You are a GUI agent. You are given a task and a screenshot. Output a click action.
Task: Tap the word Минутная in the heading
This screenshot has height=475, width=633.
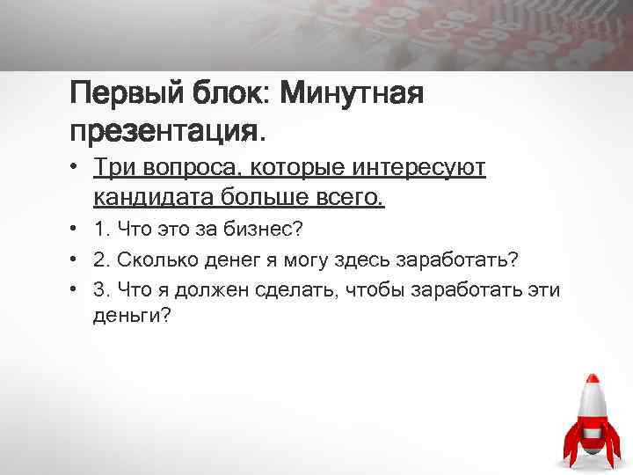coord(354,92)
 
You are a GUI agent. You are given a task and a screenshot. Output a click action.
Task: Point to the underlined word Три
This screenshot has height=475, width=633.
coord(113,166)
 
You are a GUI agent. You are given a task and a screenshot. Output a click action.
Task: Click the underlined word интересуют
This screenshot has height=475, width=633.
coord(412,166)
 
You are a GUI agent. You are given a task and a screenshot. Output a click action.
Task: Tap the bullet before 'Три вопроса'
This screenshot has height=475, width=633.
coord(76,167)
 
